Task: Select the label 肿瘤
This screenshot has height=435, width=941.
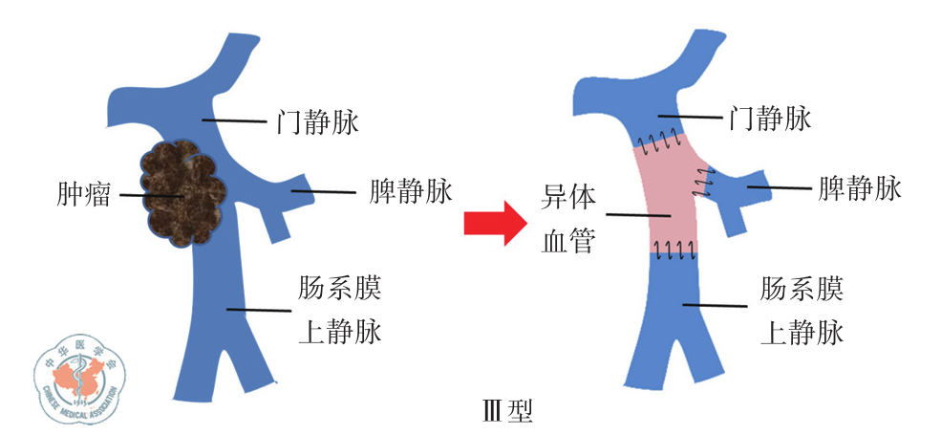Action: (x=83, y=196)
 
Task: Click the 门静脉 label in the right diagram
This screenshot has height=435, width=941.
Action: (x=769, y=119)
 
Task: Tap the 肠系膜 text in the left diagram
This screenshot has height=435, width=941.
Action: (x=339, y=287)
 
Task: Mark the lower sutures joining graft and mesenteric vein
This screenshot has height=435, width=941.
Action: (x=673, y=251)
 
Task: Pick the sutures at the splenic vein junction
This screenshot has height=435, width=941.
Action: (x=704, y=179)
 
